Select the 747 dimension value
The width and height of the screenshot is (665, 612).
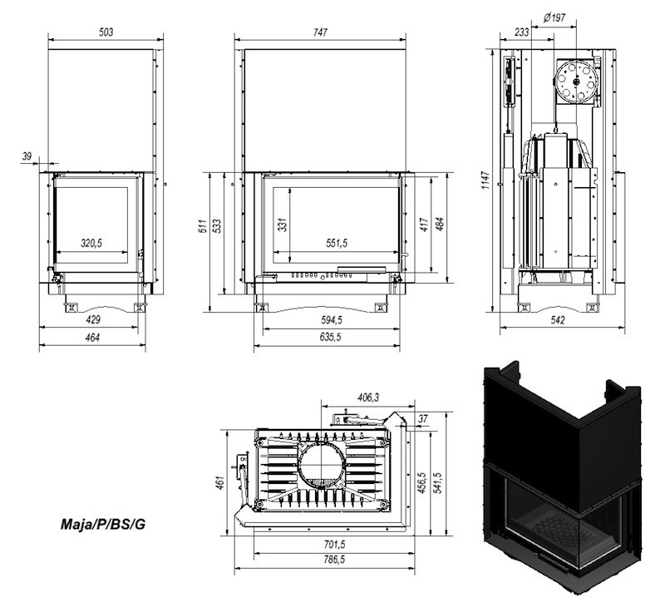click(x=321, y=32)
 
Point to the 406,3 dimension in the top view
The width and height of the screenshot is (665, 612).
click(x=367, y=398)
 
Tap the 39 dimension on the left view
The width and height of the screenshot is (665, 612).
click(x=27, y=155)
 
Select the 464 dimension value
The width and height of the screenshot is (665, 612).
click(x=92, y=338)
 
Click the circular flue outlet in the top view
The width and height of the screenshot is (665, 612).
click(x=320, y=469)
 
